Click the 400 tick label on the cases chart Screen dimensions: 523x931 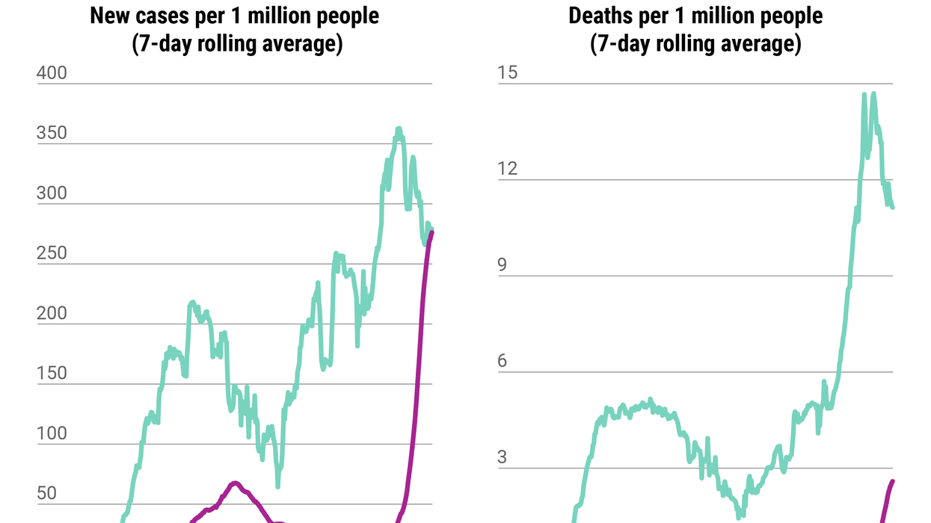pos(52,73)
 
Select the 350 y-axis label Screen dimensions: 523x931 pos(52,133)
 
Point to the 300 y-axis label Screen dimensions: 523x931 pos(52,194)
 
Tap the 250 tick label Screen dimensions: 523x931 pos(52,253)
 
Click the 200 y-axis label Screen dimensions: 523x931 pos(52,313)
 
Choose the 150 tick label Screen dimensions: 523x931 pos(52,374)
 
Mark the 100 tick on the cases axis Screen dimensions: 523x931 pos(52,433)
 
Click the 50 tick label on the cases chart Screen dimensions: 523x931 pos(47,493)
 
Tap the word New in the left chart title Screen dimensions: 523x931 pos(110,16)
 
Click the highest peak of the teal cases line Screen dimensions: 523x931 pos(399,129)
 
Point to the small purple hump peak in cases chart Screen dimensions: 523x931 pos(234,483)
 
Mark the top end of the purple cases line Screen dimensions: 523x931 pos(431,232)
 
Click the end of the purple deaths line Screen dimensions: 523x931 pos(892,481)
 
